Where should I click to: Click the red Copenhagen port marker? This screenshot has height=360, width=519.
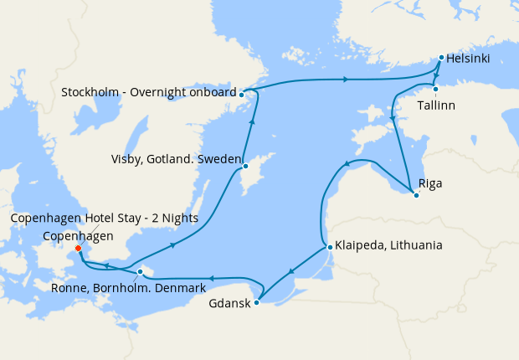[x=78, y=248]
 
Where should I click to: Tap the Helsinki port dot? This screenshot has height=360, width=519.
[x=441, y=58]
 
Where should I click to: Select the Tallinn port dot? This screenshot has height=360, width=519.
[x=435, y=89]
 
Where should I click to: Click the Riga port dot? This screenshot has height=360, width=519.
[x=416, y=196]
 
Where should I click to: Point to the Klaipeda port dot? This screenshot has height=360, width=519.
[x=330, y=247]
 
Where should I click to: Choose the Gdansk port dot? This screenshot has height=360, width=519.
[x=257, y=302]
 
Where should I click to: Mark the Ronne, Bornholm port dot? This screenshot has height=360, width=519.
[x=140, y=271]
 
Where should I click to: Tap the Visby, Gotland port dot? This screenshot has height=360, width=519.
[x=245, y=166]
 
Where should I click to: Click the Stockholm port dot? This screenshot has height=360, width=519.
[x=241, y=94]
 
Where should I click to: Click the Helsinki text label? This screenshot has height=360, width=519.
[x=468, y=59]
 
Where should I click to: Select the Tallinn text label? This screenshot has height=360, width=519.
[x=437, y=106]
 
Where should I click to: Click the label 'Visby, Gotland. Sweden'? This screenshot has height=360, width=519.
[x=176, y=159]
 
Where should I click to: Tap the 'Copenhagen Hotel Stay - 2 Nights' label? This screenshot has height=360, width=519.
[x=105, y=219]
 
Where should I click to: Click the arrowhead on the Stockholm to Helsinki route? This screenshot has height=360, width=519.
[x=345, y=80]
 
